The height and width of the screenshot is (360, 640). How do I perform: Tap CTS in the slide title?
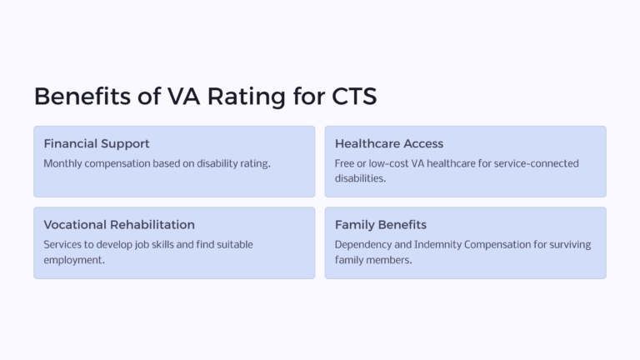(352, 97)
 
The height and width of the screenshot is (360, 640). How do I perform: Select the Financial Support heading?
(97, 144)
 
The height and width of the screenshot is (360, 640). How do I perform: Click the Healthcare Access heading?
(389, 144)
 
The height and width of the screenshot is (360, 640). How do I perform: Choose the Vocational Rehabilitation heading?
(119, 225)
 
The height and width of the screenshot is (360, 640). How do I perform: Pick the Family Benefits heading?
(381, 225)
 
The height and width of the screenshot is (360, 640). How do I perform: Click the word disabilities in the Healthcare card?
(359, 178)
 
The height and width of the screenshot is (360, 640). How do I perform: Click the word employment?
(75, 259)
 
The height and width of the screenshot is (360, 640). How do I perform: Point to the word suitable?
(232, 244)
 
